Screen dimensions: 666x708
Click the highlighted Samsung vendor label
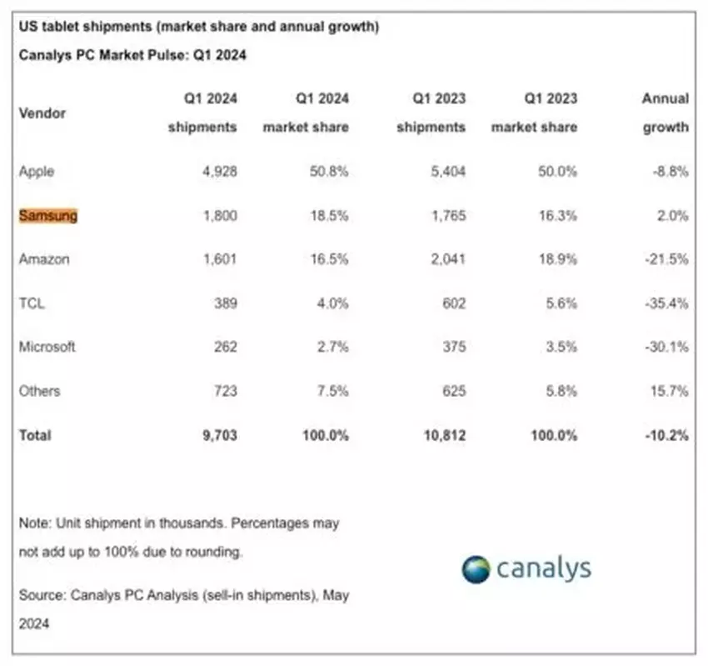point(47,215)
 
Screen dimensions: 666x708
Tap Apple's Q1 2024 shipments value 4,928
point(219,172)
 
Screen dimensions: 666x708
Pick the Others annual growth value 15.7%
point(668,391)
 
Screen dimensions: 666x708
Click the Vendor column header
point(42,113)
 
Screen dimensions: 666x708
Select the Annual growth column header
point(665,113)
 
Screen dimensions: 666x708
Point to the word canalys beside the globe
point(544,568)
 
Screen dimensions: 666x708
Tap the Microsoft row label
point(47,347)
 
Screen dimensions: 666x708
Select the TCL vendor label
point(32,303)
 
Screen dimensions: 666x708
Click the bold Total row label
point(34,435)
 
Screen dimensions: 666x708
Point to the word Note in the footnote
point(34,523)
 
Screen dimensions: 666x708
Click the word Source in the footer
point(41,595)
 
